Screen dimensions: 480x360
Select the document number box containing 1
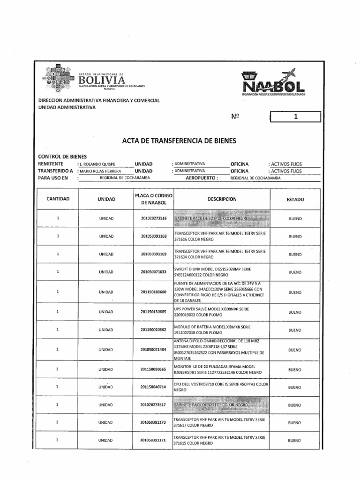click(x=295, y=117)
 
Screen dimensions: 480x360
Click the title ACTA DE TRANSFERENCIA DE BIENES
click(x=179, y=140)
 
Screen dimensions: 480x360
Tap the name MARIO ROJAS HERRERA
click(x=99, y=171)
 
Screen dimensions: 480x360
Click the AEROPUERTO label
click(x=202, y=179)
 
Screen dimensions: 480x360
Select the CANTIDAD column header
click(x=58, y=199)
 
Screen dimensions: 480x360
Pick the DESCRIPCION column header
click(x=222, y=199)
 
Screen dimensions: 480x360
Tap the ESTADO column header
click(x=295, y=199)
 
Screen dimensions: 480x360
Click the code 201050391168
click(x=153, y=236)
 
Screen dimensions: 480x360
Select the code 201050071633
click(x=153, y=272)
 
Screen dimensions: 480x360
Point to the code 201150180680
click(x=153, y=292)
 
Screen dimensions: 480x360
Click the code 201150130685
click(x=153, y=312)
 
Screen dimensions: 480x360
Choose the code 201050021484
click(x=153, y=350)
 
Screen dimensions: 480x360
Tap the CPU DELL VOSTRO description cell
click(x=220, y=387)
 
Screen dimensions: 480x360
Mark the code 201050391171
click(x=153, y=440)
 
